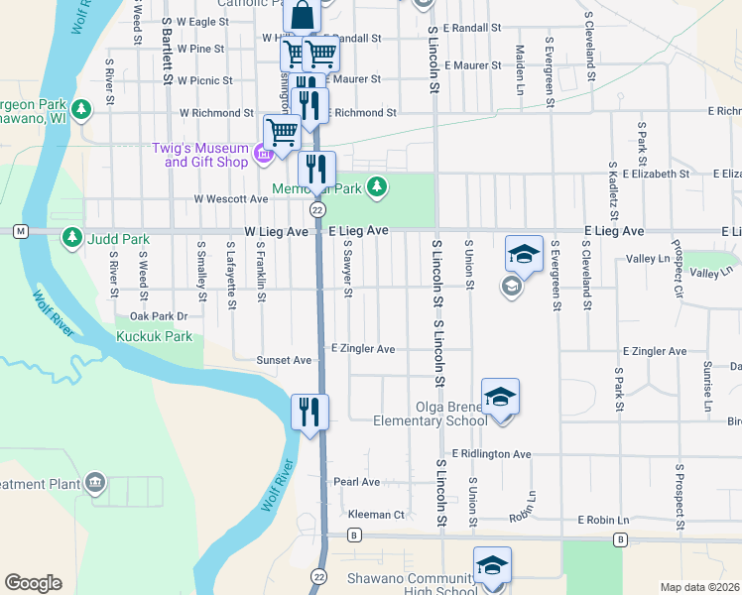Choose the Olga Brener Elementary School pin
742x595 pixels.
pos(501,399)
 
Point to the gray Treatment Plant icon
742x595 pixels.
pos(95,483)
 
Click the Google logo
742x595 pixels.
pos(33,583)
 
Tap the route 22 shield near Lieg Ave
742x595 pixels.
pos(317,210)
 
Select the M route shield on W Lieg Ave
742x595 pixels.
pos(20,231)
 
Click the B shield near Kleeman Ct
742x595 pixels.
pos(353,536)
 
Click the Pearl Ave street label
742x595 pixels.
pos(356,482)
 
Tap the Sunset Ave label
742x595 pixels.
pos(285,360)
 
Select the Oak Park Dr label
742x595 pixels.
pos(159,316)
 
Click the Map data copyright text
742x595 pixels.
pos(699,587)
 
